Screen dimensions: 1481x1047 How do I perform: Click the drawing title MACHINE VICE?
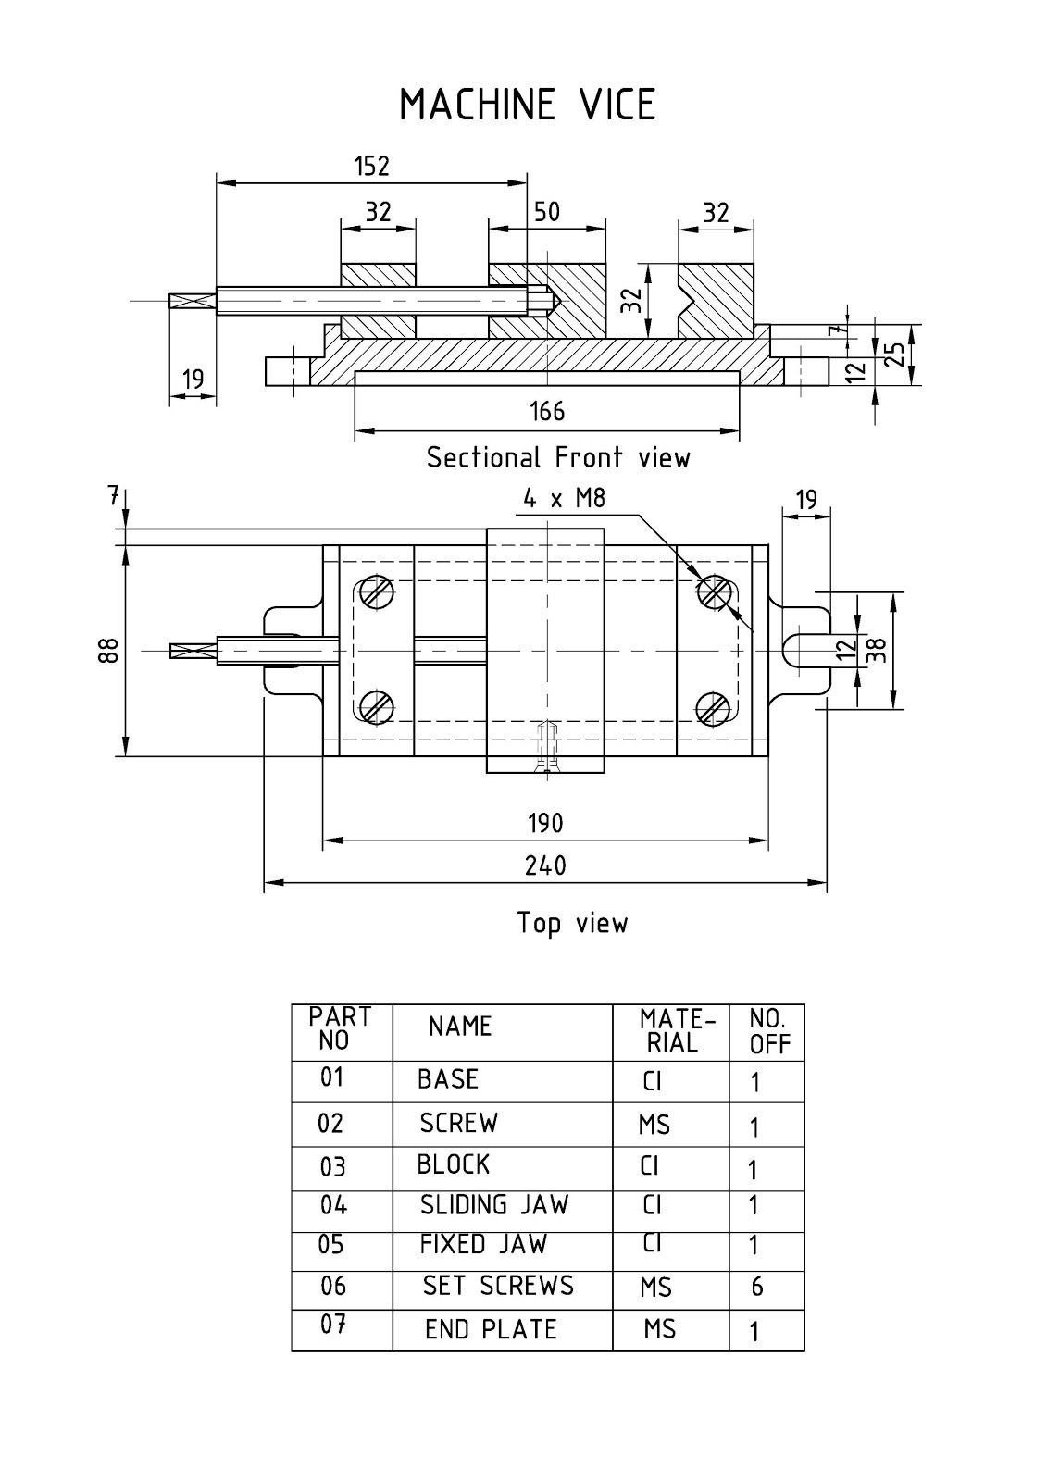[x=527, y=105]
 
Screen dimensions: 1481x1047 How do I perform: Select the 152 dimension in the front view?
[x=372, y=166]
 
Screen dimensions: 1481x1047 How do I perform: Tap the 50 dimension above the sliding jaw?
[x=547, y=212]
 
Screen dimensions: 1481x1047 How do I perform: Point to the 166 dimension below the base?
[x=546, y=411]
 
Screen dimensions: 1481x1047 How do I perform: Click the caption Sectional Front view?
[x=558, y=457]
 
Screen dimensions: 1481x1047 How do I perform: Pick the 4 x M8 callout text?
[x=564, y=499]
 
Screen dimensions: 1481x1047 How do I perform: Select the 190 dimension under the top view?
[x=545, y=823]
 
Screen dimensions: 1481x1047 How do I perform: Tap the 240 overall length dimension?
[x=545, y=865]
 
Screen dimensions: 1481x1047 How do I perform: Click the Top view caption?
[x=572, y=923]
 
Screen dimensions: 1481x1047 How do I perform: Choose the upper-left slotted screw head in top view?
[x=377, y=592]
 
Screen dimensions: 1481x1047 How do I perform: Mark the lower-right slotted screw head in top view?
[x=714, y=708]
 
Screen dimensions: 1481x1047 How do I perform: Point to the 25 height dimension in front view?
[x=895, y=355]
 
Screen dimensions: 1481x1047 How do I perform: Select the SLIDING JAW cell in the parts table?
[x=494, y=1205]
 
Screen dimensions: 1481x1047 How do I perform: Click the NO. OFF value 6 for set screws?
[x=757, y=1287]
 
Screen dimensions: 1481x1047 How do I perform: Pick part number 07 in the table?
[x=333, y=1325]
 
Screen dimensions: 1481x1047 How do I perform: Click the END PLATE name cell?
[x=491, y=1329]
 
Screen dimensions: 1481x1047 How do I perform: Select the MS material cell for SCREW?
[x=654, y=1125]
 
